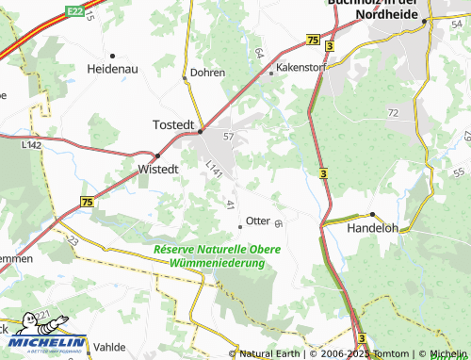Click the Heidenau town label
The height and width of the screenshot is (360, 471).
click(x=113, y=70)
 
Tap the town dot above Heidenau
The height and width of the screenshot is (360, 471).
click(x=112, y=56)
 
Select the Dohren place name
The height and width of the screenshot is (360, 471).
click(x=207, y=72)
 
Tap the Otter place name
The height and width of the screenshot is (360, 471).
click(x=258, y=221)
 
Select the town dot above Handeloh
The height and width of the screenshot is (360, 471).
click(x=373, y=214)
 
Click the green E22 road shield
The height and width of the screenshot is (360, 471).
click(x=76, y=9)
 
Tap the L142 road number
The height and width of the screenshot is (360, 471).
click(x=31, y=145)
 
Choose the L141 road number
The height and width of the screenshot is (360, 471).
click(x=214, y=168)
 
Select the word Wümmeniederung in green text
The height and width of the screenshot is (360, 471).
click(x=217, y=264)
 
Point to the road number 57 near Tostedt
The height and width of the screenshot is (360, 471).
click(x=228, y=138)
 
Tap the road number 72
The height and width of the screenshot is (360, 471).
click(x=394, y=112)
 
